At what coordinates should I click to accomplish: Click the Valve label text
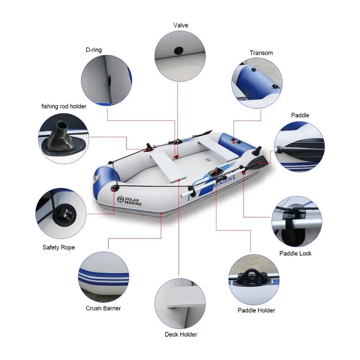click(181, 25)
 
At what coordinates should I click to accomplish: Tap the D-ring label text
click(94, 50)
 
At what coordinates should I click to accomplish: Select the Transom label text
click(261, 53)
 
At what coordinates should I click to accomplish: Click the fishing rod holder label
click(64, 106)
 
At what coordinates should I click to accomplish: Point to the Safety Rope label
click(59, 247)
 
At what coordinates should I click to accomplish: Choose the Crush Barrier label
click(103, 308)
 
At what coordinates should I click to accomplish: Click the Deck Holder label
click(181, 334)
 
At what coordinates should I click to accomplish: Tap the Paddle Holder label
click(256, 310)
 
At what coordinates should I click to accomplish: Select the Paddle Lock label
click(296, 253)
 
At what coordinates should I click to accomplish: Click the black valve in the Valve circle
click(179, 51)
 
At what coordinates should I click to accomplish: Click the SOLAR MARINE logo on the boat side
click(130, 201)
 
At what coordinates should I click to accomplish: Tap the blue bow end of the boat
click(104, 178)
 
